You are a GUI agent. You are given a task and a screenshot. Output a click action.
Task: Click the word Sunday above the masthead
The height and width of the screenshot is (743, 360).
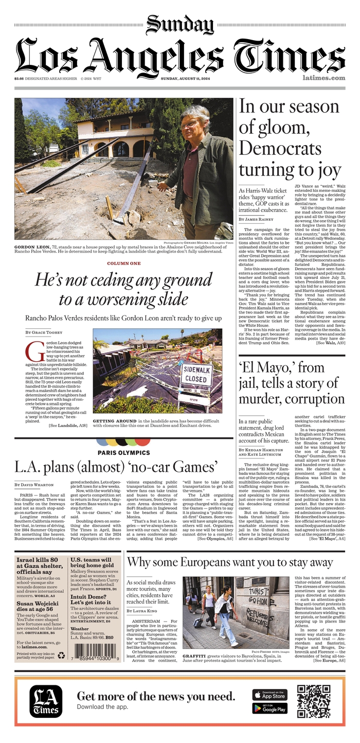click(x=180, y=24)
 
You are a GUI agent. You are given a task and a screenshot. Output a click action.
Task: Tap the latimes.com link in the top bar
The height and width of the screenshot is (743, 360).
click(x=323, y=78)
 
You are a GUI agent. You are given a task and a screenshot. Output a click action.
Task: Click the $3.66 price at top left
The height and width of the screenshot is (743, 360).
click(x=20, y=78)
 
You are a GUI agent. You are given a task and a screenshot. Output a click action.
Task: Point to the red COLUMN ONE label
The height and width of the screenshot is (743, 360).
click(x=123, y=263)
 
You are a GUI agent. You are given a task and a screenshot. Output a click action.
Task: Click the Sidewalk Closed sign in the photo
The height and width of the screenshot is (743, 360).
click(x=197, y=374)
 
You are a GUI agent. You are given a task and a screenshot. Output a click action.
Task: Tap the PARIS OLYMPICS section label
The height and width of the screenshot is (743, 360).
click(x=123, y=452)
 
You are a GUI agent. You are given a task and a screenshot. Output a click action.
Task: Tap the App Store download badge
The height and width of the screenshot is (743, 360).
click(x=270, y=695)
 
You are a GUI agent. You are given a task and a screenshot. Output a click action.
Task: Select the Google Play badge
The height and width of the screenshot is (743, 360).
click(x=270, y=709)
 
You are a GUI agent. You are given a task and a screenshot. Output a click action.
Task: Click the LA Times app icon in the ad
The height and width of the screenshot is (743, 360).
click(x=46, y=701)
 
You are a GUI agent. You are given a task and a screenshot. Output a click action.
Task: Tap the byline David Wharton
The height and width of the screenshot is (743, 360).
click(x=35, y=485)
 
